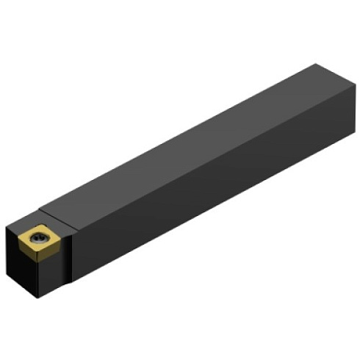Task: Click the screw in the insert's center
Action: (x=39, y=237)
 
